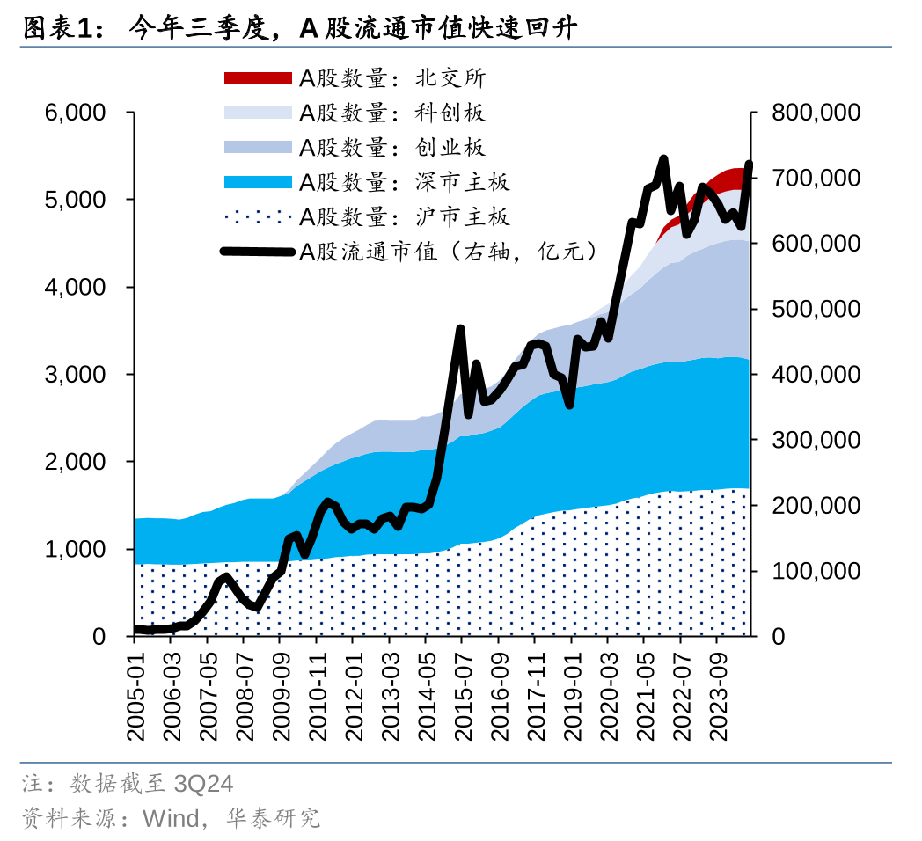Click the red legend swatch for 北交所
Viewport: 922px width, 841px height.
pos(257,78)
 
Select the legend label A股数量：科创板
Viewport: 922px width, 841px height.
pos(391,113)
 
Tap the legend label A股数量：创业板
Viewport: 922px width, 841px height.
pos(391,147)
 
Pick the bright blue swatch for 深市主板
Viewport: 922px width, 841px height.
pos(257,182)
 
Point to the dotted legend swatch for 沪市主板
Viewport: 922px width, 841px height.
pos(257,216)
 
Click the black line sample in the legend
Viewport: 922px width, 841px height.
pos(257,252)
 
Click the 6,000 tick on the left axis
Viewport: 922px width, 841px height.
pos(75,113)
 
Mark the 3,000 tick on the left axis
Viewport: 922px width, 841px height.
pos(75,375)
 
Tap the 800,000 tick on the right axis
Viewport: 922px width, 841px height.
pos(816,113)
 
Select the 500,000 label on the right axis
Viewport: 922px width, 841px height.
pos(816,310)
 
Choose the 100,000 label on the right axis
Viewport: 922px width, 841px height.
pos(816,572)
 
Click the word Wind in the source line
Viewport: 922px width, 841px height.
pos(171,819)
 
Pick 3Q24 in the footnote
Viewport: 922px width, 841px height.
pos(204,783)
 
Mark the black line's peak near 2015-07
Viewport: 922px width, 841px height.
pos(460,329)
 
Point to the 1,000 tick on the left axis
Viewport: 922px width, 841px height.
pos(75,549)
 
